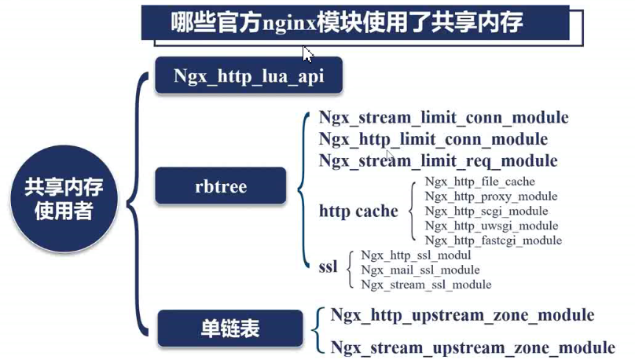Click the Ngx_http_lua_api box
248,75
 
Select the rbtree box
220,186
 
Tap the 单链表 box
230,329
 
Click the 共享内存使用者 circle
64,199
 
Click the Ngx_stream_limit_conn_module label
443,118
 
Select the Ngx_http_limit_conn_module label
433,139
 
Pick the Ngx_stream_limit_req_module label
438,161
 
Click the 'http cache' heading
358,211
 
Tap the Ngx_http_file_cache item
480,182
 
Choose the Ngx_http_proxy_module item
491,197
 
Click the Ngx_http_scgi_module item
486,211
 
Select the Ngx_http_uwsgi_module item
491,226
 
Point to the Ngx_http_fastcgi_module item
494,241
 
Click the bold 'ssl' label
328,267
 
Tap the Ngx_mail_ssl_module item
420,270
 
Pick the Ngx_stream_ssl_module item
426,285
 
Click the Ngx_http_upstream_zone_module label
462,315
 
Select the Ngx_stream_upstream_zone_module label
472,348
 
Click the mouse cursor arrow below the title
307,54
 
